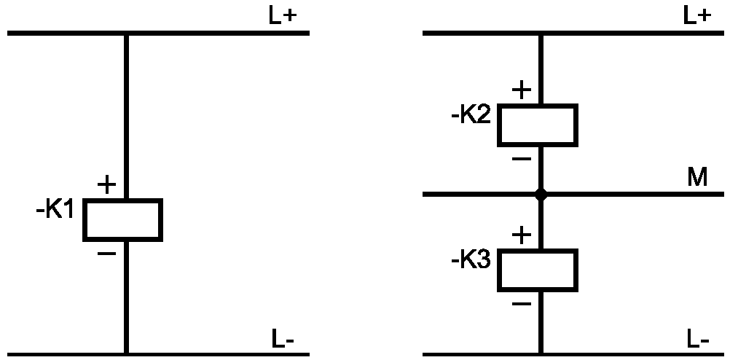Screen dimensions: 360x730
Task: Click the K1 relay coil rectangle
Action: coord(122,219)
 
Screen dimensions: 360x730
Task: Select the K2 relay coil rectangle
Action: coord(538,125)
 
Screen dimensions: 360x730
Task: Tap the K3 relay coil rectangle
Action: coord(538,270)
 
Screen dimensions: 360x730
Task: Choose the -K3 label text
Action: coord(471,260)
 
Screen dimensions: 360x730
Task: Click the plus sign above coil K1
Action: coord(106,185)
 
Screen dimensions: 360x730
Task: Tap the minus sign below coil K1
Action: coord(106,254)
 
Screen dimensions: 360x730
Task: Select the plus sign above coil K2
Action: coord(522,90)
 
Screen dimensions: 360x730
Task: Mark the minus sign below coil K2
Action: coord(522,159)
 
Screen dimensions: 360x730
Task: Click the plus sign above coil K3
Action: coord(522,235)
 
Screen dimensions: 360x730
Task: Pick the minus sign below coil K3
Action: coord(522,303)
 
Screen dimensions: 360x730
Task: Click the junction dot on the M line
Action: coord(541,195)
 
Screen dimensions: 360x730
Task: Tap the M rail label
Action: coord(697,178)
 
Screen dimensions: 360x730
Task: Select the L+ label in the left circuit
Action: coord(283,17)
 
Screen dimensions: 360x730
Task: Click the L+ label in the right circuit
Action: coord(697,17)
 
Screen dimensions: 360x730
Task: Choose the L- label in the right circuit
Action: coord(697,339)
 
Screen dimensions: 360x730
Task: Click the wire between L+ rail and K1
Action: coord(127,117)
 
